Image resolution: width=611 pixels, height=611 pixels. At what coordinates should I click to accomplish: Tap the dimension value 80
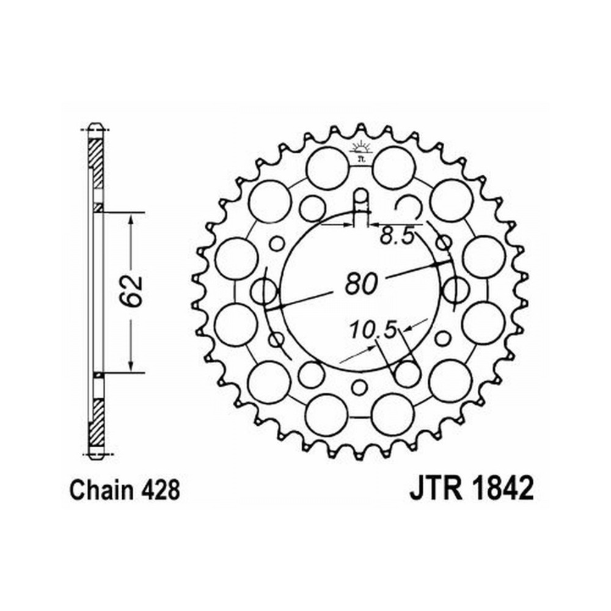click(x=362, y=283)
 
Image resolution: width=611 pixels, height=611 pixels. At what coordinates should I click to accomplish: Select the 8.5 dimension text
click(x=397, y=236)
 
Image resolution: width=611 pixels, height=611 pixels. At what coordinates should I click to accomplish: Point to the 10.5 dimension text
click(x=372, y=330)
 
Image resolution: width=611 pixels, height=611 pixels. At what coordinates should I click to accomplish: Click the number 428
click(x=161, y=490)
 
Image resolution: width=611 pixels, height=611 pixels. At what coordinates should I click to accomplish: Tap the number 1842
click(x=501, y=489)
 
